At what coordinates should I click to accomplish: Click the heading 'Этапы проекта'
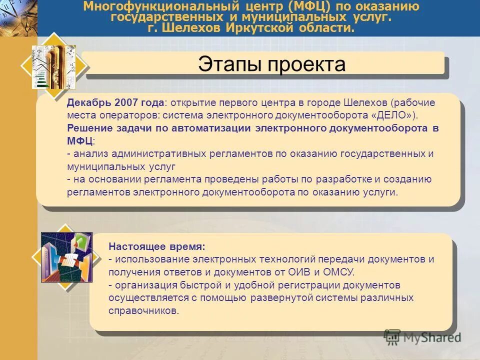(271, 64)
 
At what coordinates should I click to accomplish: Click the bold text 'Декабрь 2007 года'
(115, 102)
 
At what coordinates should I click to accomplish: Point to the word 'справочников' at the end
(142, 311)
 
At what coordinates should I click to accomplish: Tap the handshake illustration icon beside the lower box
(66, 256)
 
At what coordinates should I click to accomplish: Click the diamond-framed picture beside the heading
(54, 66)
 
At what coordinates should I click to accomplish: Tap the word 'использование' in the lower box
(145, 259)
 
